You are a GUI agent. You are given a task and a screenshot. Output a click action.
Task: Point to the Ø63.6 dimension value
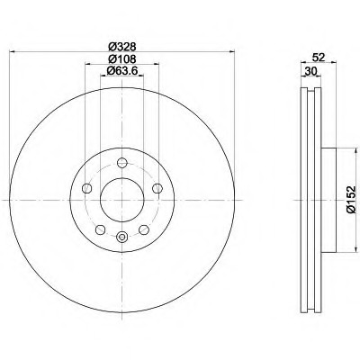(x=121, y=72)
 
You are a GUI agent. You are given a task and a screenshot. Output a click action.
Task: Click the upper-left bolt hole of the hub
(x=86, y=188)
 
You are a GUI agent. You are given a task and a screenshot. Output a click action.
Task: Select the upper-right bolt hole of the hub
(x=157, y=188)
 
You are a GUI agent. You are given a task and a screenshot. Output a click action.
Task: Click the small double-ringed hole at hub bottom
(x=121, y=237)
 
